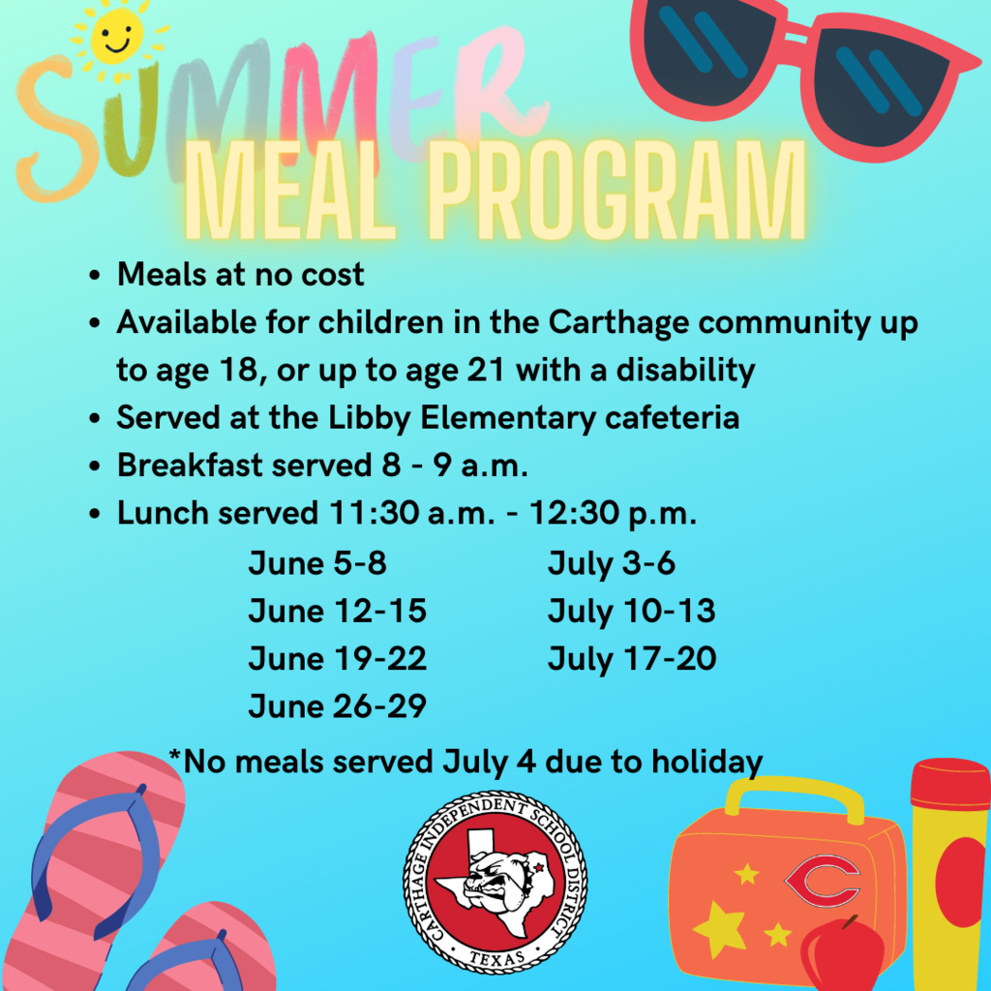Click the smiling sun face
click(x=117, y=38)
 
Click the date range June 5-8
click(x=317, y=562)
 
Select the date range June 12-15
click(x=338, y=611)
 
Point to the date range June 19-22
click(x=338, y=658)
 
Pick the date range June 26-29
click(x=338, y=706)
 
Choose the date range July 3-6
click(x=612, y=563)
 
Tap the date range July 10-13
click(x=632, y=612)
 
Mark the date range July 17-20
click(x=632, y=658)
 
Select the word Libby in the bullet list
click(x=370, y=418)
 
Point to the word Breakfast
click(x=190, y=465)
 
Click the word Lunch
click(x=163, y=512)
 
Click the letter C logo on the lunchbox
click(x=823, y=880)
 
